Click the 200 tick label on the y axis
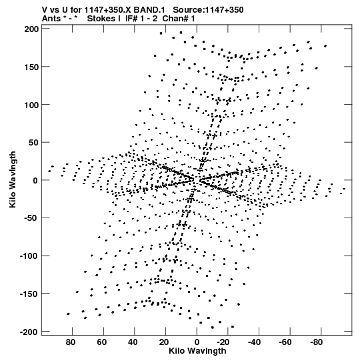(x=31, y=29)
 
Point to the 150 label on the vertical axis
(x=31, y=67)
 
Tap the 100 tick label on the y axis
(x=31, y=105)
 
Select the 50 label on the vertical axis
(x=33, y=143)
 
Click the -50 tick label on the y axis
(x=31, y=218)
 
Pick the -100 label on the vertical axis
(x=29, y=256)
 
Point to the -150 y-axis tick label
(x=29, y=294)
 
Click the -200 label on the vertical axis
(x=29, y=332)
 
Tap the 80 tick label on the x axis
(x=71, y=342)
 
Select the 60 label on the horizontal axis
(x=102, y=342)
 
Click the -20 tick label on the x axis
(x=223, y=342)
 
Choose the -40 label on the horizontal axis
(x=255, y=342)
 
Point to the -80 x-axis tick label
(x=317, y=342)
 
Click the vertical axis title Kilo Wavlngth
(x=13, y=179)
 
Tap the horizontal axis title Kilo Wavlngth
(x=197, y=351)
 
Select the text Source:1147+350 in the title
(x=208, y=10)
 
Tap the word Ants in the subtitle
(x=51, y=19)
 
